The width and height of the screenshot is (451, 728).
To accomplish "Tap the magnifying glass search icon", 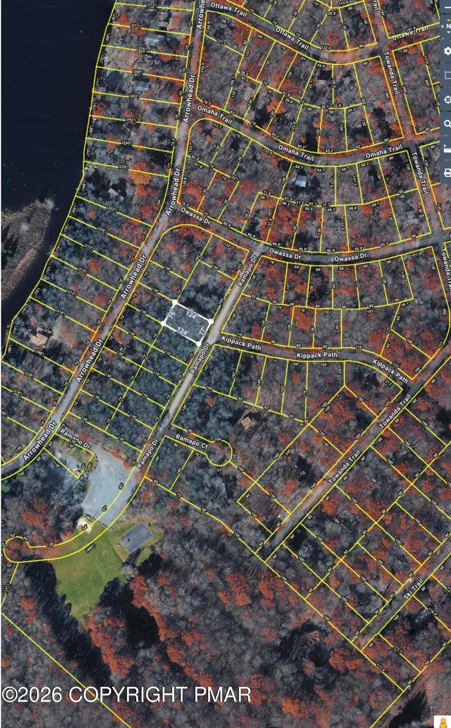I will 447,124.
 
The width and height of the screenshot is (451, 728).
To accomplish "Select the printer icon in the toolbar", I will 447,172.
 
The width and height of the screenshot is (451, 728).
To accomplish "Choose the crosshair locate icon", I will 447,100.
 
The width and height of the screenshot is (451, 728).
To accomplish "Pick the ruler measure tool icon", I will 447,148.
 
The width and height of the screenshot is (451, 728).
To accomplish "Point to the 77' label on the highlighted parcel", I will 202,331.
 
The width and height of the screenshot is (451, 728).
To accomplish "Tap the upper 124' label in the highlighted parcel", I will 191,315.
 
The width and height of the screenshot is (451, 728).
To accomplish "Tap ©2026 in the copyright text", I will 32,694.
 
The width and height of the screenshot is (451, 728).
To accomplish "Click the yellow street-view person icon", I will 442,722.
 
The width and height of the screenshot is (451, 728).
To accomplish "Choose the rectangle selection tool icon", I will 447,76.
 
